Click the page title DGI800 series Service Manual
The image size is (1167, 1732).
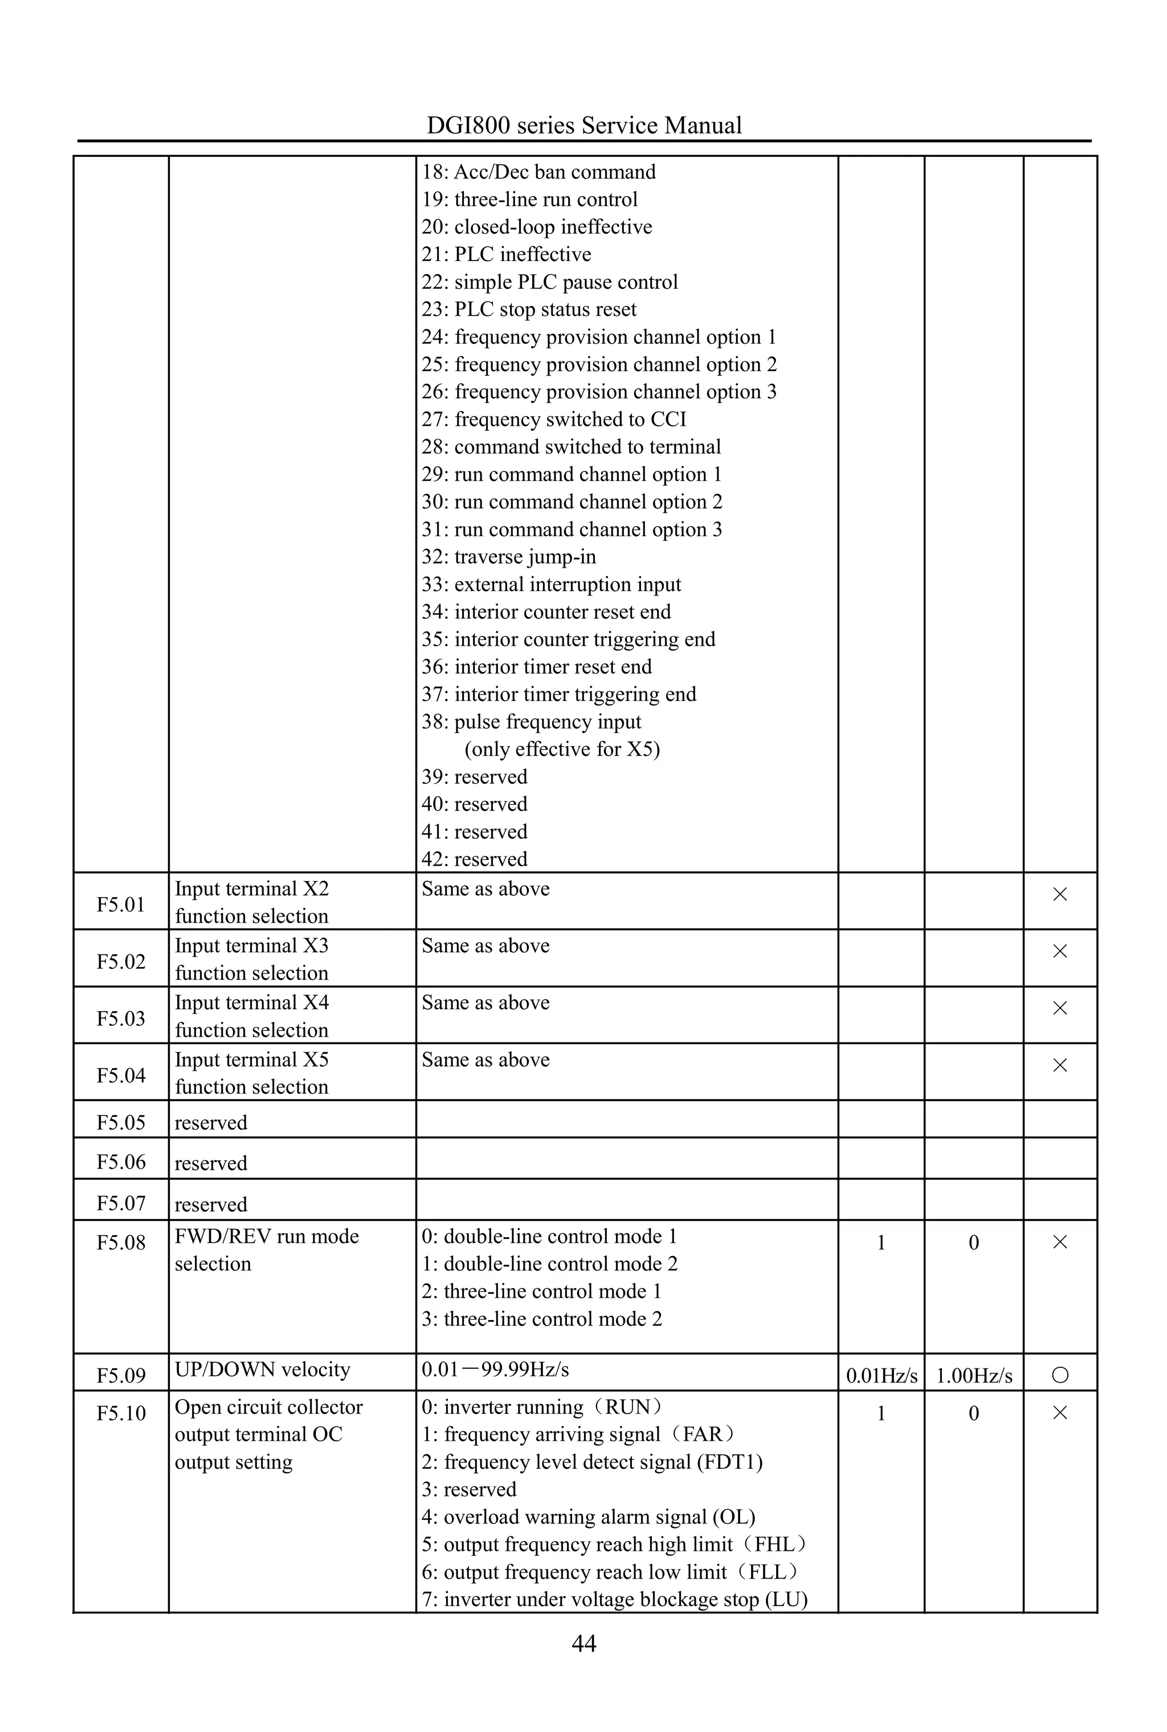(x=583, y=125)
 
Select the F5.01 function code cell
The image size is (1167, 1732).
(x=121, y=904)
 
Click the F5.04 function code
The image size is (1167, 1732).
(x=121, y=1075)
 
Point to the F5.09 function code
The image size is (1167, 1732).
(x=121, y=1375)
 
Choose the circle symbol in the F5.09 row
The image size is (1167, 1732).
(x=1060, y=1375)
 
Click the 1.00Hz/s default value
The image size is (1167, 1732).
(x=973, y=1375)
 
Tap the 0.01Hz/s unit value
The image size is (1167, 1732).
(x=881, y=1375)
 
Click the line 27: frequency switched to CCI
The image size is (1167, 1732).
(x=554, y=419)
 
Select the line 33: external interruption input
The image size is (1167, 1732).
(x=551, y=584)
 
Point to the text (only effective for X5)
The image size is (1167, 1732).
(x=562, y=749)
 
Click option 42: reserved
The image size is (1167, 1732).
(x=474, y=859)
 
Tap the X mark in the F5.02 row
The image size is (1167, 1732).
(x=1060, y=951)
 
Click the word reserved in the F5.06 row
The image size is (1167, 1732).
(x=211, y=1163)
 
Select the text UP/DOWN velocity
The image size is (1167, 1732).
(x=262, y=1370)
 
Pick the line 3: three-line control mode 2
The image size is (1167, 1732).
(x=541, y=1319)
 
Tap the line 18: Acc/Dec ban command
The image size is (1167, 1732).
(x=538, y=172)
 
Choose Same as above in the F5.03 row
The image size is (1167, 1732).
(x=485, y=1002)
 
